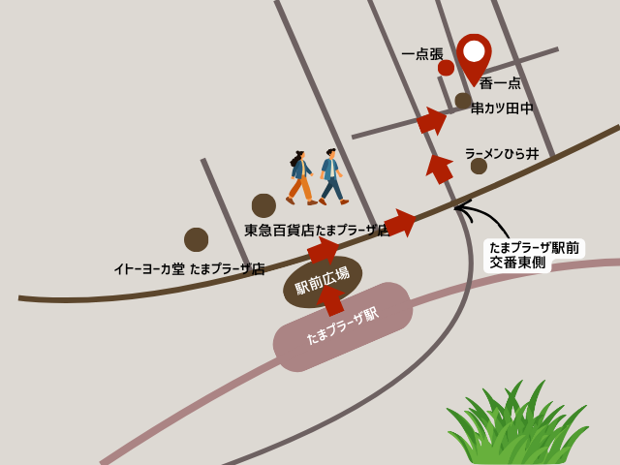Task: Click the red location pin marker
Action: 474,54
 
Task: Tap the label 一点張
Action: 422,54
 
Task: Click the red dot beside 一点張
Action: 446,68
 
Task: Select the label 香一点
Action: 500,83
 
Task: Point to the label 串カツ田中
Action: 502,108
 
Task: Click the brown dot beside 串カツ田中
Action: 463,101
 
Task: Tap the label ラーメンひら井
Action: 501,154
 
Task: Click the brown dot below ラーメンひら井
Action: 479,167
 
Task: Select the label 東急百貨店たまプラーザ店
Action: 316,231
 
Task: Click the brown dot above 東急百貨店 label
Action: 263,205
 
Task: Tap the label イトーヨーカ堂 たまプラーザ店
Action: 189,269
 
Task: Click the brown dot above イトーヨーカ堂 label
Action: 196,239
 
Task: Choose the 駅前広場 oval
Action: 323,281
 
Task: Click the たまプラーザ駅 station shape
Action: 343,326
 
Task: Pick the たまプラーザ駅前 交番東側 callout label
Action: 534,255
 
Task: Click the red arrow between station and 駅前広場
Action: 331,299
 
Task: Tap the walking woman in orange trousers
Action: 300,177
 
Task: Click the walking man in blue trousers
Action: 332,176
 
